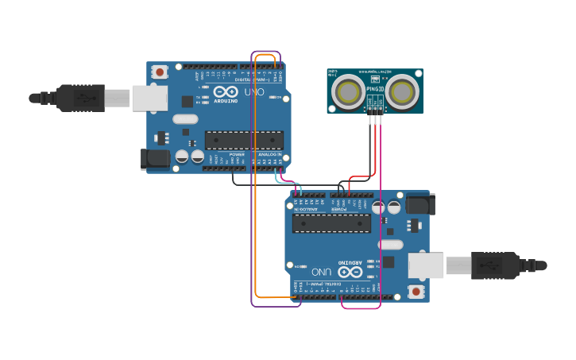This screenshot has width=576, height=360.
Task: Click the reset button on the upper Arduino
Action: click(x=160, y=72)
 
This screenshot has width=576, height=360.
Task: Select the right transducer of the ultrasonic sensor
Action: click(x=401, y=91)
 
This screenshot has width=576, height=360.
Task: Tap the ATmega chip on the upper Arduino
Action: click(x=244, y=141)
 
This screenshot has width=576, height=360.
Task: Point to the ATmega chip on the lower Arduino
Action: click(x=331, y=223)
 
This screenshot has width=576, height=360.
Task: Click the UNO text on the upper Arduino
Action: click(x=254, y=92)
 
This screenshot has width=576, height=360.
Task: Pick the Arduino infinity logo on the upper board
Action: click(x=226, y=92)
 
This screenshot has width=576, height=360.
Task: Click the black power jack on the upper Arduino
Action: click(x=156, y=158)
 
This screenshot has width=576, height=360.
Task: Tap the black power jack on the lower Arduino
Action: click(x=419, y=205)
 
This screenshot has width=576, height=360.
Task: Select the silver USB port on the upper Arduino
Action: click(x=149, y=98)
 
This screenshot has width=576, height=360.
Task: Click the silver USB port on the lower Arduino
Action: click(x=426, y=265)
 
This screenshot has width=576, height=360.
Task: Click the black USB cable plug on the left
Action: click(x=79, y=98)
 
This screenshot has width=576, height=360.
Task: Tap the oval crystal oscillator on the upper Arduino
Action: click(x=184, y=119)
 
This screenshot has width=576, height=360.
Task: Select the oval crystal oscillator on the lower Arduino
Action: click(x=391, y=244)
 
